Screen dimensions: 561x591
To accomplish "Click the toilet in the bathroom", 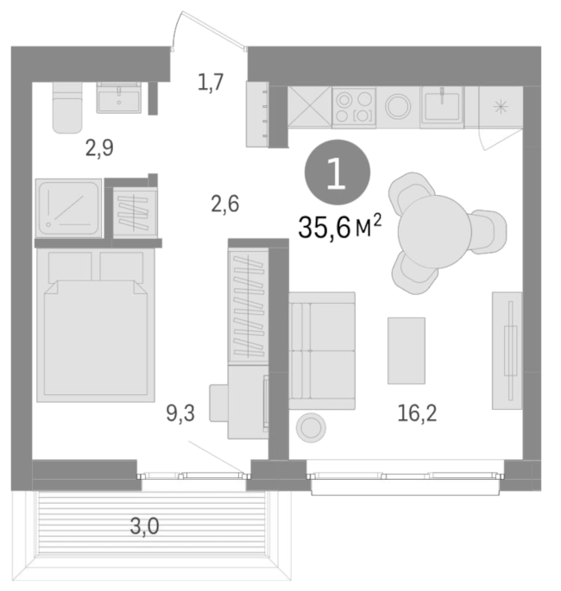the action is pyautogui.click(x=67, y=108).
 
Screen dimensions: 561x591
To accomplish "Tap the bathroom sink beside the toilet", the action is pyautogui.click(x=119, y=97).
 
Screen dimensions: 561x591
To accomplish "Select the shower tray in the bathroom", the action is pyautogui.click(x=69, y=208).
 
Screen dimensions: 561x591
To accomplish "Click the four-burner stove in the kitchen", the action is pyautogui.click(x=354, y=108).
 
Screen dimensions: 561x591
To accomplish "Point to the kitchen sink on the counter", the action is pyautogui.click(x=442, y=105).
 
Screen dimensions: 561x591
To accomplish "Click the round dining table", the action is pyautogui.click(x=435, y=232).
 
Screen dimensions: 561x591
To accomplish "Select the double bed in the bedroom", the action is pyautogui.click(x=96, y=325).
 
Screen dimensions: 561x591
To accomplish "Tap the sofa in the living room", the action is pyautogui.click(x=322, y=350).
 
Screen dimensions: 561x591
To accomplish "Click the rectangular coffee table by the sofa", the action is pyautogui.click(x=407, y=350).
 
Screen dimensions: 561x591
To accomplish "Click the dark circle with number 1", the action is pyautogui.click(x=337, y=173).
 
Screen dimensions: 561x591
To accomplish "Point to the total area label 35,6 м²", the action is pyautogui.click(x=340, y=227).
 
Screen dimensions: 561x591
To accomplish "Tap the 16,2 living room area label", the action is pyautogui.click(x=417, y=413).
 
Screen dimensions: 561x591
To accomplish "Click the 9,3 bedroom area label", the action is pyautogui.click(x=180, y=413).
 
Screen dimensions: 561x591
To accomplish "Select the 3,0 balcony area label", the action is pyautogui.click(x=144, y=526).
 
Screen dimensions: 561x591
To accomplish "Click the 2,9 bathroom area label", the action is pyautogui.click(x=99, y=148).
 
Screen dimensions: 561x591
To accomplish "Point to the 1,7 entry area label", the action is pyautogui.click(x=211, y=82).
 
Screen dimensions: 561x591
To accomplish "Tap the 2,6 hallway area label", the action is pyautogui.click(x=225, y=204).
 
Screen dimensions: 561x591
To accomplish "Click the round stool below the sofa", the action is pyautogui.click(x=311, y=428).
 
